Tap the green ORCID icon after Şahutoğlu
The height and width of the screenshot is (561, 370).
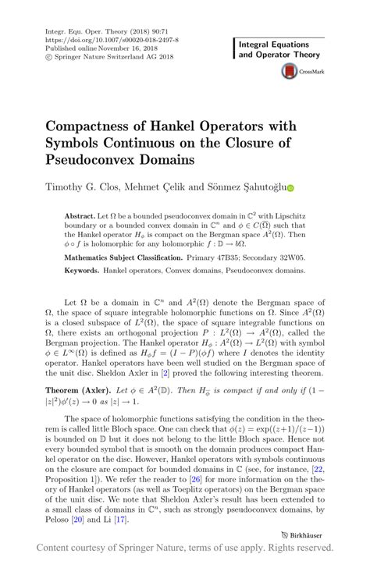(x=291, y=188)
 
